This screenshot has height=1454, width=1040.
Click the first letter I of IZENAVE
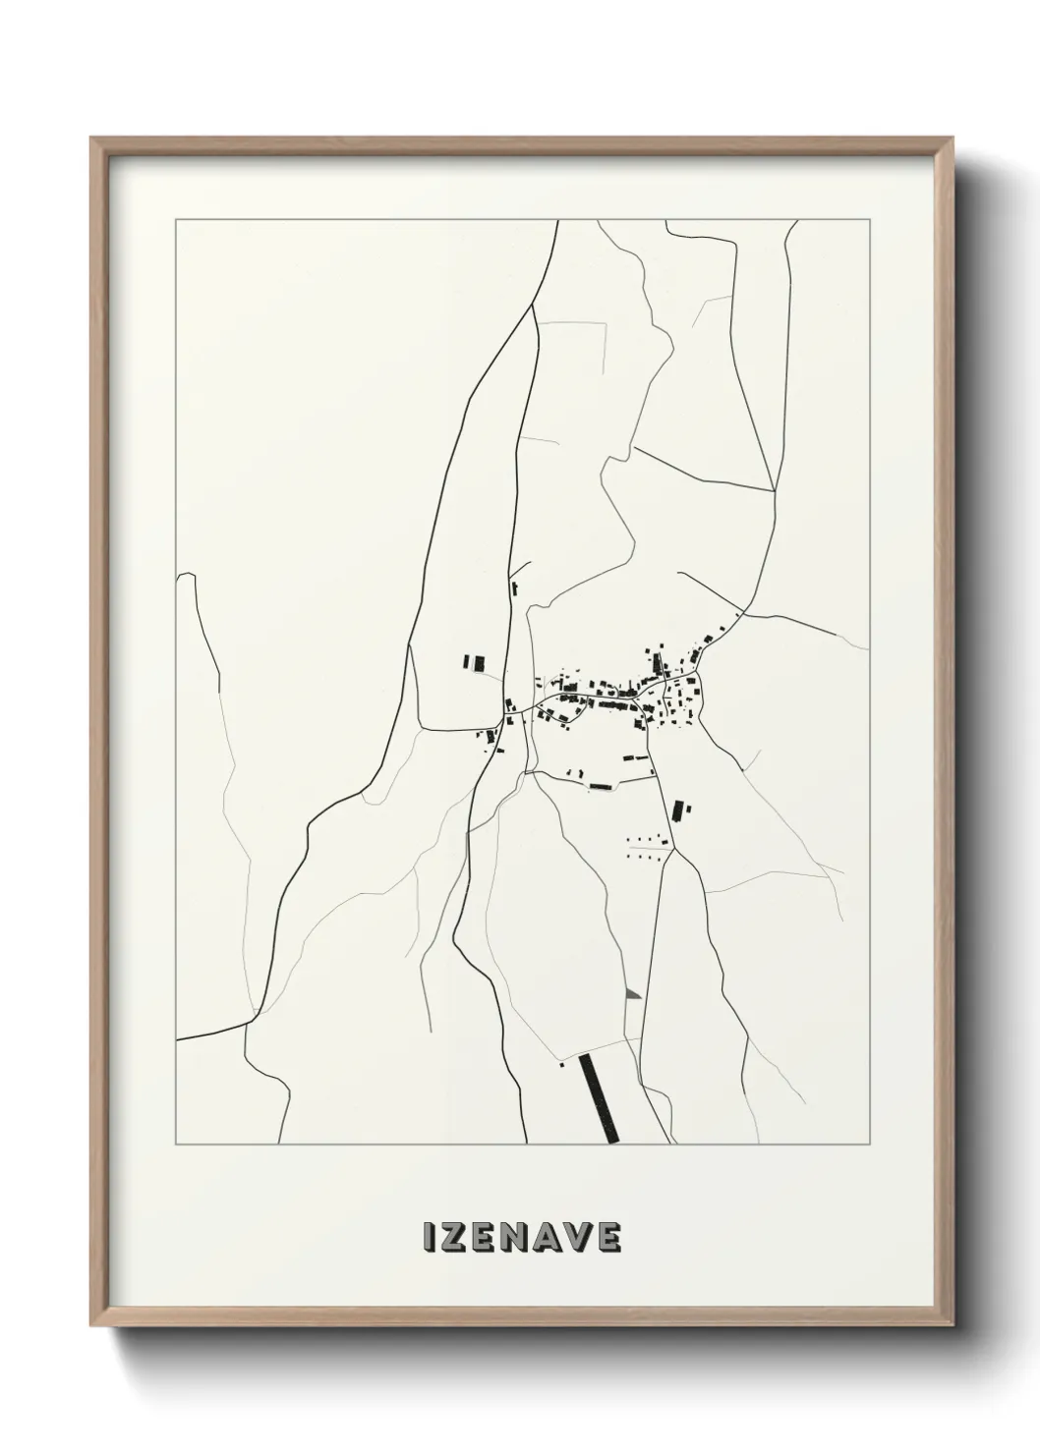click(x=428, y=1239)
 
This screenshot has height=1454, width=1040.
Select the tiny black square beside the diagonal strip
click(x=561, y=1064)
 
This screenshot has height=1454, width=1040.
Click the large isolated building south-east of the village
click(x=676, y=811)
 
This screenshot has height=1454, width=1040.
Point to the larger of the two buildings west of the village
click(x=479, y=663)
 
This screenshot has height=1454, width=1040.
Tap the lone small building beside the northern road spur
click(x=514, y=588)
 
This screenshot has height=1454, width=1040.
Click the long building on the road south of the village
click(x=598, y=786)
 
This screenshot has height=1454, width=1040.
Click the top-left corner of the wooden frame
click(x=91, y=139)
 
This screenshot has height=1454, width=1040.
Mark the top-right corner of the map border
click(x=867, y=220)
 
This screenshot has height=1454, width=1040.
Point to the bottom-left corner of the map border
click(x=175, y=1146)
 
